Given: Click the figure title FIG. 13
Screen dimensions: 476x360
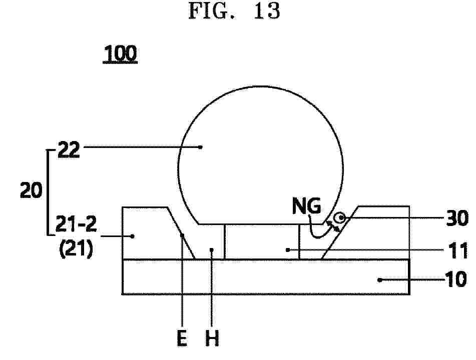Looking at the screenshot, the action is pos(234,11).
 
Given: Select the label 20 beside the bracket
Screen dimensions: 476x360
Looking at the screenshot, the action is pos(31,190).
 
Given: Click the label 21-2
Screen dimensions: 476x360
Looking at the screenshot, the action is pos(76,224).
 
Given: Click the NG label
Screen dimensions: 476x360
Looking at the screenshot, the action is pos(307,205).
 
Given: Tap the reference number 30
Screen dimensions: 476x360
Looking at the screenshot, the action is pos(457,218).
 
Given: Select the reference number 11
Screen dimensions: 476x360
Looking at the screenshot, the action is pos(459,250).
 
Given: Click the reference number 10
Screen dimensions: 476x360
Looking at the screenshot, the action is pos(455,279).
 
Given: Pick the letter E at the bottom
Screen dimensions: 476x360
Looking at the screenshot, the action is pos(182,338).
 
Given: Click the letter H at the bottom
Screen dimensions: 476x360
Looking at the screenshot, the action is pos(212,338).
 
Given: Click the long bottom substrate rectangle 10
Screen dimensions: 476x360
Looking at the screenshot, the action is pos(266,276).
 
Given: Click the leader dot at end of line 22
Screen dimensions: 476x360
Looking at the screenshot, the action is pos(200,147).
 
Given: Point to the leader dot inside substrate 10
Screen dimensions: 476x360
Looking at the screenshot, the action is pos(379,279).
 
